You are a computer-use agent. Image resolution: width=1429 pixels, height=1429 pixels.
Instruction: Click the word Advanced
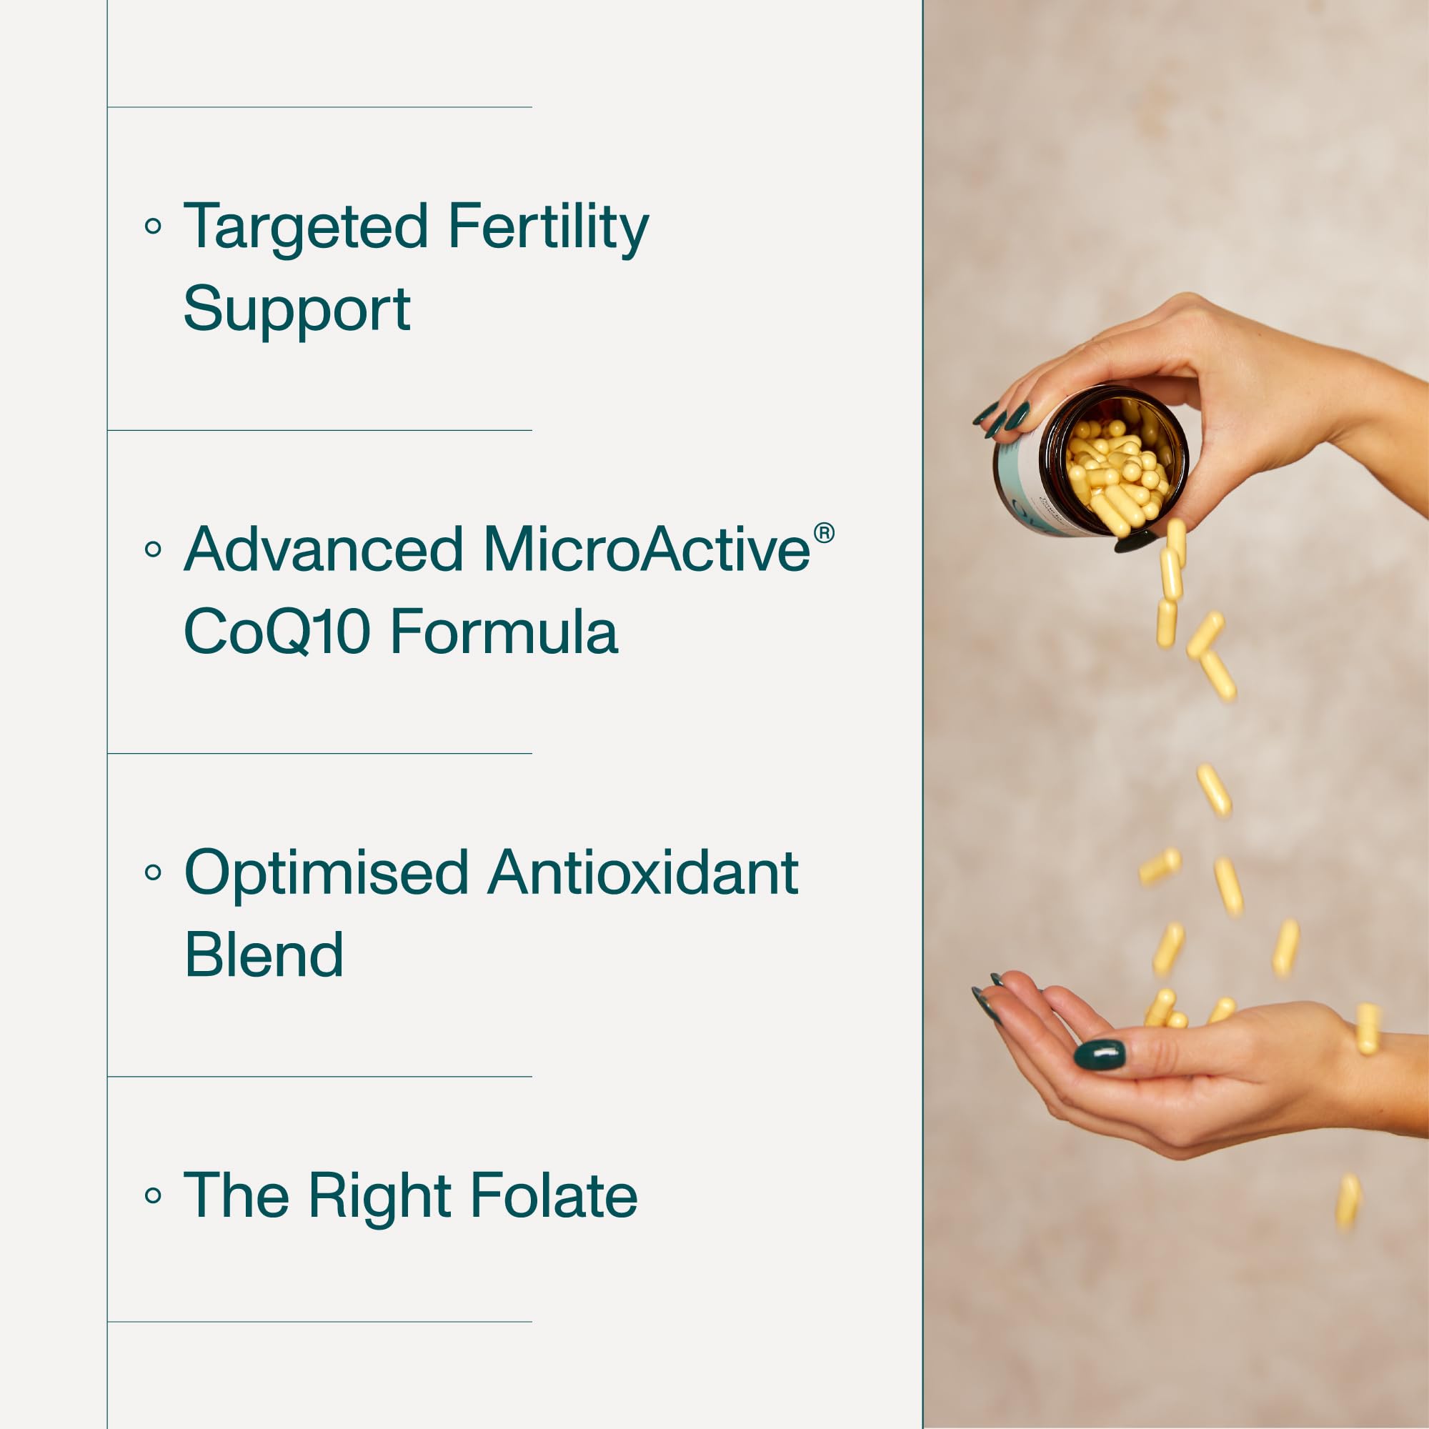pos(323,549)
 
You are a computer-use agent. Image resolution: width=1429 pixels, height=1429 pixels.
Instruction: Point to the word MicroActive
pos(647,549)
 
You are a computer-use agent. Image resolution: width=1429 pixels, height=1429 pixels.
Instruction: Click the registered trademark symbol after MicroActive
pos(824,533)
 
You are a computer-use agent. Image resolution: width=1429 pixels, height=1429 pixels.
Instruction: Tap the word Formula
pos(504,631)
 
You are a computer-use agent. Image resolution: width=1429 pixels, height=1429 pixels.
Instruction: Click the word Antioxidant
pos(644,873)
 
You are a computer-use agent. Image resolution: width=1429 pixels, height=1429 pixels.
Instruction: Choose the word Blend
pos(264,954)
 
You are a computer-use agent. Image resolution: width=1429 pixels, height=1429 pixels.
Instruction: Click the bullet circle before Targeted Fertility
pos(153,226)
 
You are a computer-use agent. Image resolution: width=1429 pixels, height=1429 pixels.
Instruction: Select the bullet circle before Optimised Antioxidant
pos(153,873)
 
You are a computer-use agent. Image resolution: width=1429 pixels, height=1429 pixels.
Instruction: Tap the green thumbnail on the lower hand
pos(1100,1055)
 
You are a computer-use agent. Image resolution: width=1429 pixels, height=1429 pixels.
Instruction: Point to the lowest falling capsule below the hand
pos(1348,1202)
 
